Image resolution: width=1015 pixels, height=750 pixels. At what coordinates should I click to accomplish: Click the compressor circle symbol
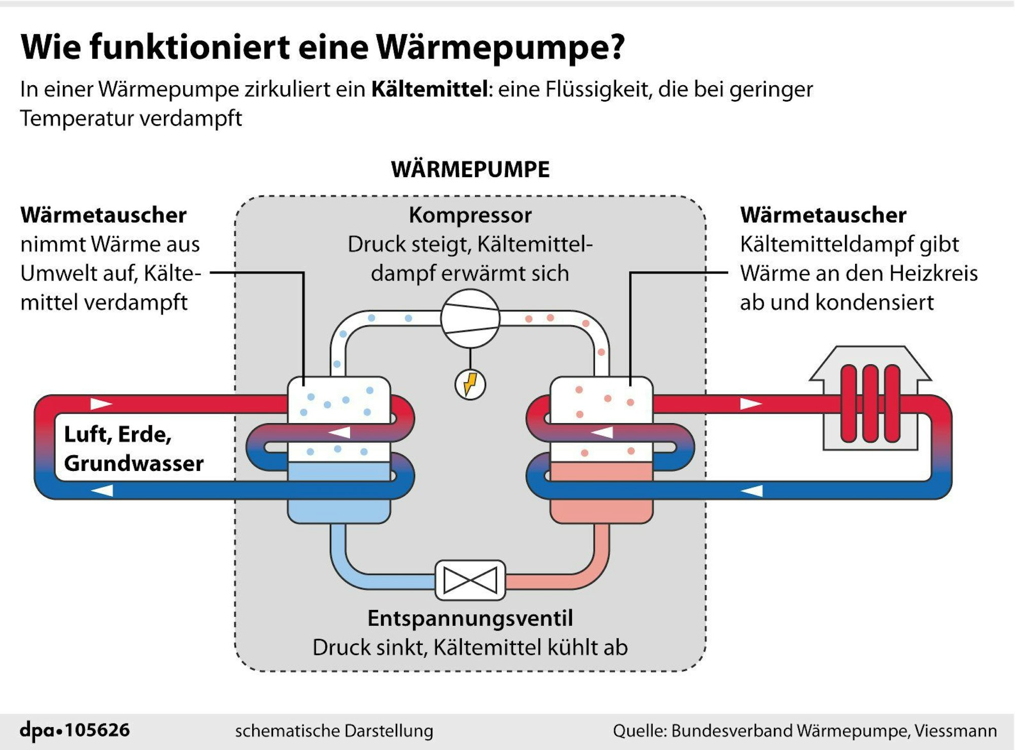click(470, 319)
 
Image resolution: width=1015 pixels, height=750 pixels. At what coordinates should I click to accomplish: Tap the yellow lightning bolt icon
click(470, 384)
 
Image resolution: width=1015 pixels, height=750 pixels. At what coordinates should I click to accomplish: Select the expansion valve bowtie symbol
click(470, 580)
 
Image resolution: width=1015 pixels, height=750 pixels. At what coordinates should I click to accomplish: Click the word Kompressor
click(470, 215)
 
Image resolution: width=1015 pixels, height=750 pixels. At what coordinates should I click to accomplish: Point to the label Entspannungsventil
click(470, 618)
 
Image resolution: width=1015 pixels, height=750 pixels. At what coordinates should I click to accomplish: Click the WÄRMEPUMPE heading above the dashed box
click(470, 169)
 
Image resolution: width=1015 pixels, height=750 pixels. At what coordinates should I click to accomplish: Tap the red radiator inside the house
click(870, 404)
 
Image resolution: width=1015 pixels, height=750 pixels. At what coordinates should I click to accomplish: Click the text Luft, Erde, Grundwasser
click(133, 449)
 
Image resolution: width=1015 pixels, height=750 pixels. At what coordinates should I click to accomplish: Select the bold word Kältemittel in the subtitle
click(429, 89)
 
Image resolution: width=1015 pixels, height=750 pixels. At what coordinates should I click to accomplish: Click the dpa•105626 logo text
click(75, 730)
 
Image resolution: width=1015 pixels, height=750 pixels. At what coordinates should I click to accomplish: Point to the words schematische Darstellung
click(334, 731)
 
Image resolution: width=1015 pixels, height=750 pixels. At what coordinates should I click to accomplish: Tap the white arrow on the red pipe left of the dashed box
click(101, 404)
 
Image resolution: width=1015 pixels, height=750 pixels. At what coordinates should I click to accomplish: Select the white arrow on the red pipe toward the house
click(751, 404)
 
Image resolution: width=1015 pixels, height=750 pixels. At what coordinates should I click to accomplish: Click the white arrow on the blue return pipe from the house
click(752, 491)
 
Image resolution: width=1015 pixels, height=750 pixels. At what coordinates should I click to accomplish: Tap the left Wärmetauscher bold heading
click(104, 215)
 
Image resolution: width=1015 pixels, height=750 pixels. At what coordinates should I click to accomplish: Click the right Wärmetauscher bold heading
click(823, 215)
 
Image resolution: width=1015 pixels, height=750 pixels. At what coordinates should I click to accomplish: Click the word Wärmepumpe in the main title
click(500, 47)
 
